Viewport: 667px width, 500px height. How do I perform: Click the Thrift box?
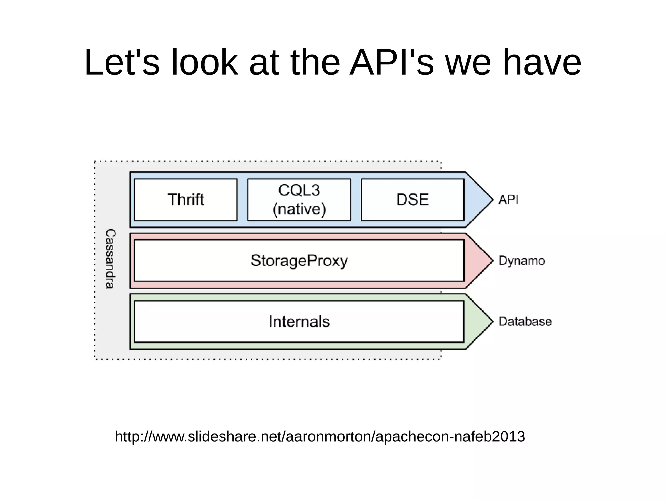click(x=186, y=200)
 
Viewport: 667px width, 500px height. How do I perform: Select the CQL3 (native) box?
click(x=299, y=200)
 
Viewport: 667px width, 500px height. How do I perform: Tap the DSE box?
click(x=412, y=200)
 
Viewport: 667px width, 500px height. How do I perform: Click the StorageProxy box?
click(x=299, y=261)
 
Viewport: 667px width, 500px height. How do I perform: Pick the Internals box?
click(x=299, y=321)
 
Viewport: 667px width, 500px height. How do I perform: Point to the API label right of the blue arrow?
click(x=508, y=199)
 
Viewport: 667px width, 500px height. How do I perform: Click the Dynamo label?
click(x=521, y=261)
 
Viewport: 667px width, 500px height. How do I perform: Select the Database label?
click(x=525, y=321)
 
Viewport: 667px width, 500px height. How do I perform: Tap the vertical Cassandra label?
click(x=110, y=259)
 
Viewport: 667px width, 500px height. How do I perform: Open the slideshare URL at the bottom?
click(x=320, y=436)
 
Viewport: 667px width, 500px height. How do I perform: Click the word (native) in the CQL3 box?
click(x=299, y=209)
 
